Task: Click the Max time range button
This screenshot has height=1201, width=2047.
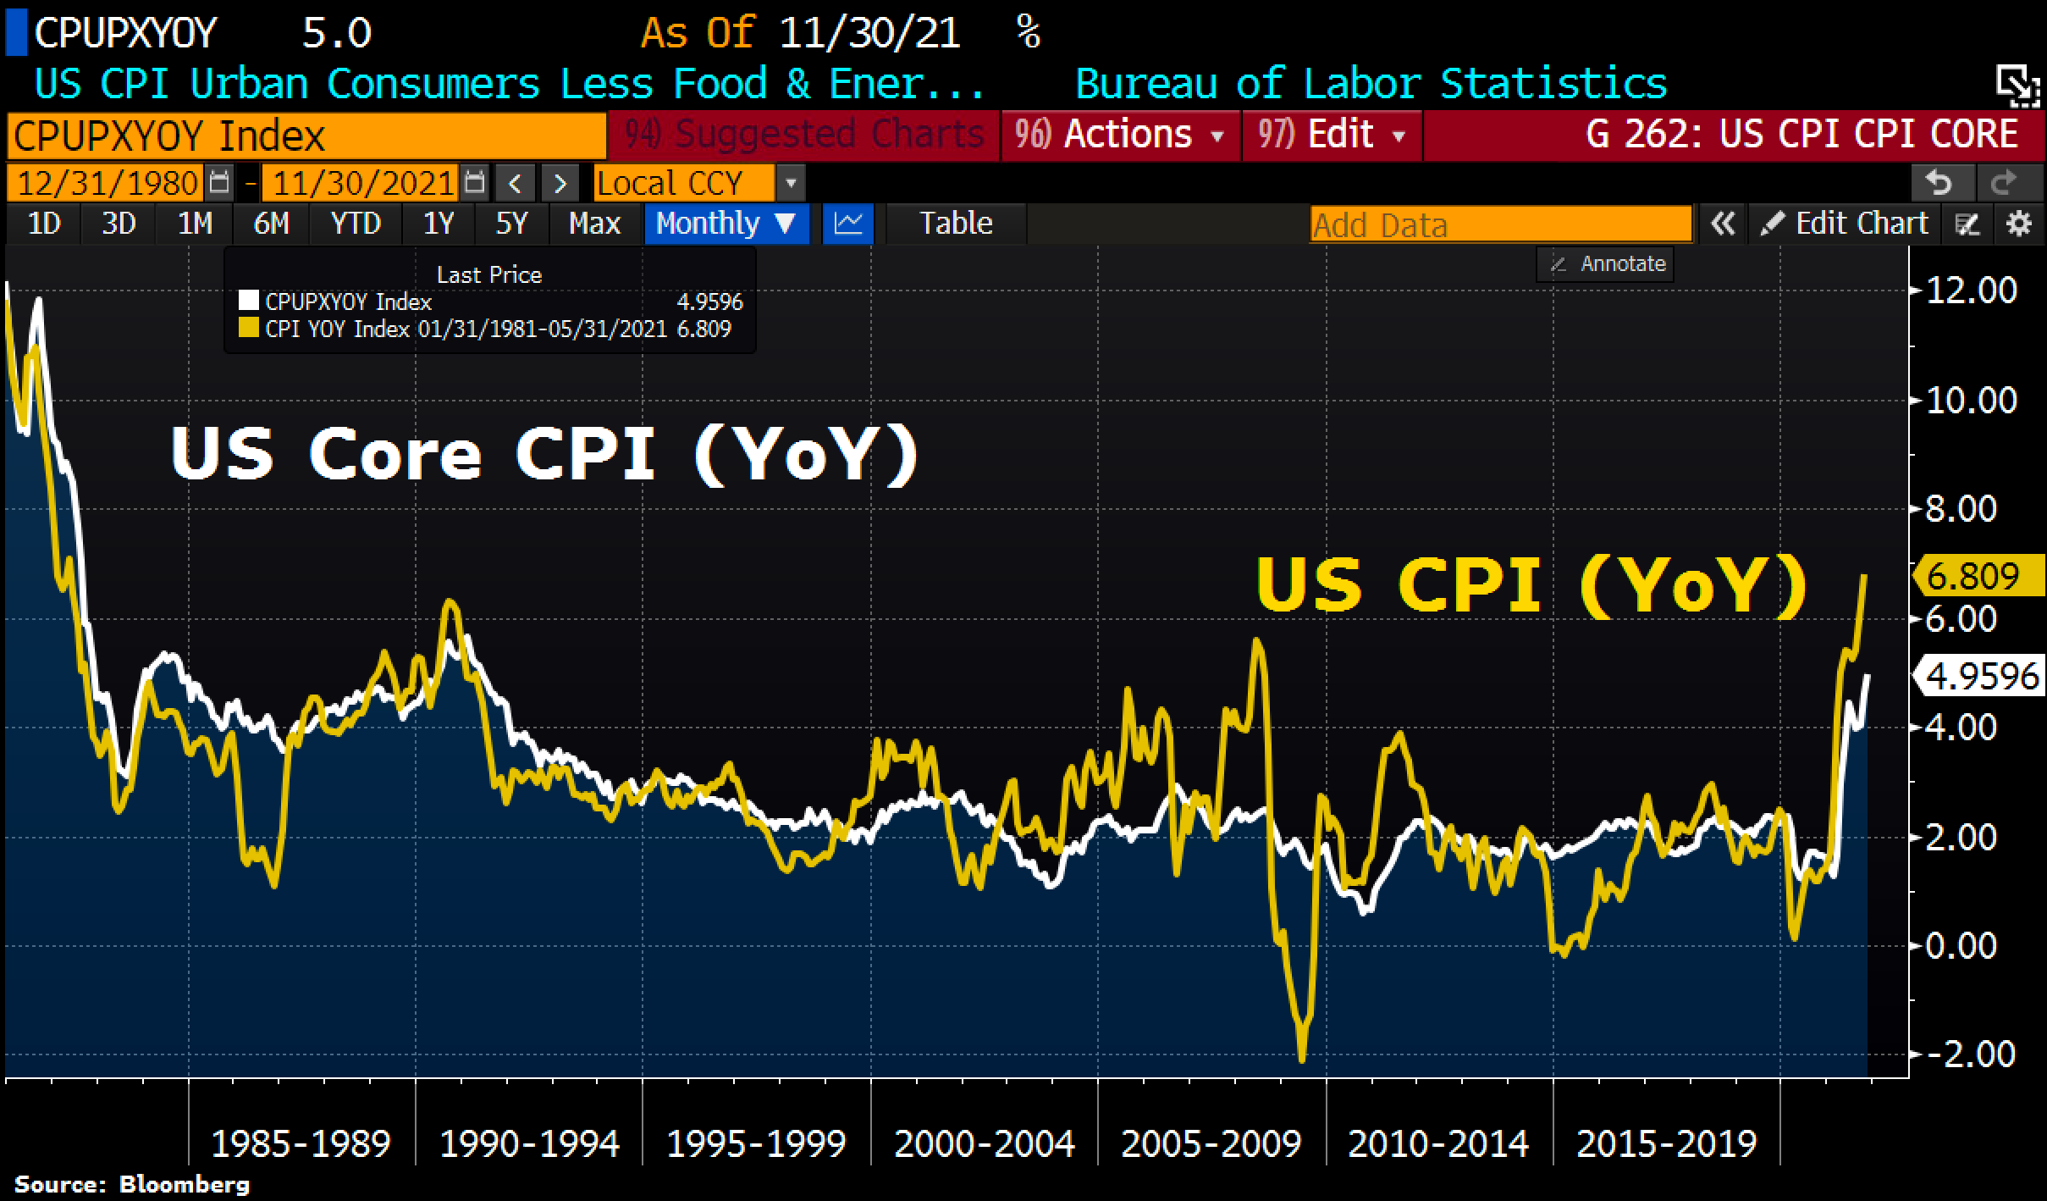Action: coord(594,224)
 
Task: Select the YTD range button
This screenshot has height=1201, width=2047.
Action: coord(356,224)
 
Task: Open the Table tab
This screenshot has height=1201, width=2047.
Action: coord(956,224)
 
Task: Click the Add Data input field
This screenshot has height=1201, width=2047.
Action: coord(1500,225)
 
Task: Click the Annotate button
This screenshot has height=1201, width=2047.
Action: coord(1606,264)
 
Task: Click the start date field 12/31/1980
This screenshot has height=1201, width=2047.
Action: coord(108,183)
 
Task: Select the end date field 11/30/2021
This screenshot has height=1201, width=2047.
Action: coord(362,183)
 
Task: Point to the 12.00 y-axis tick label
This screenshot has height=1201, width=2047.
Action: coord(1971,291)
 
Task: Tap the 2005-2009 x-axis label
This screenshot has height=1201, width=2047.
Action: coord(1211,1144)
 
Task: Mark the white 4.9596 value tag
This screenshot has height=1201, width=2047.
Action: coord(1978,676)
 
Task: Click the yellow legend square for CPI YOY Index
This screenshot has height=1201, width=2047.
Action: coord(248,329)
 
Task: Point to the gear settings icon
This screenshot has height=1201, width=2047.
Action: coord(2019,224)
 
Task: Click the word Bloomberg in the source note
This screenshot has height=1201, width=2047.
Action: coord(185,1184)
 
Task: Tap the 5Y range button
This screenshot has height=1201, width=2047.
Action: coord(511,224)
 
